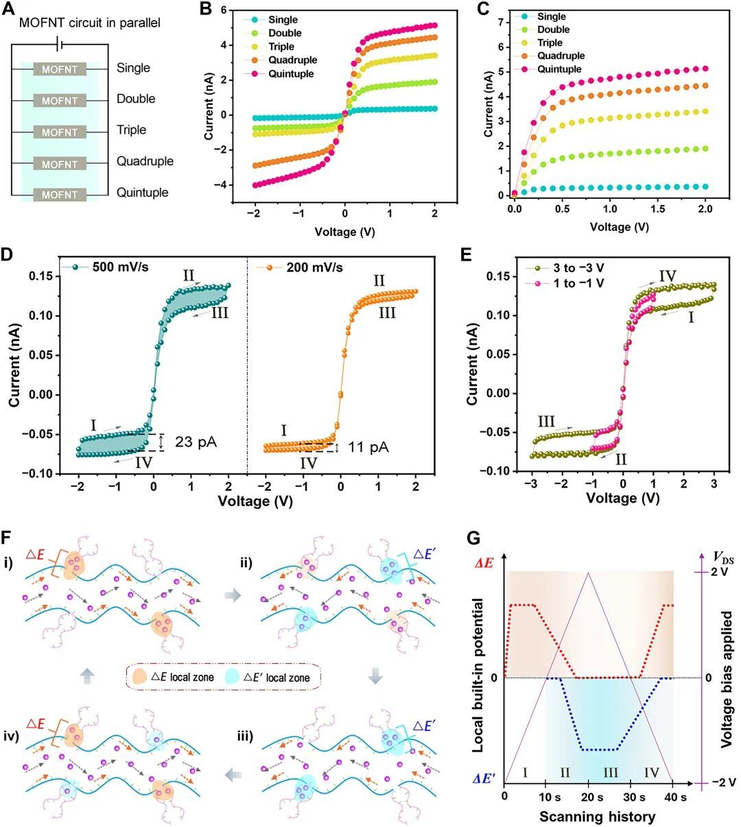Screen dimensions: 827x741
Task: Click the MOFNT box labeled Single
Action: [60, 69]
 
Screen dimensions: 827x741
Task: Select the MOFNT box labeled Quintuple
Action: [60, 195]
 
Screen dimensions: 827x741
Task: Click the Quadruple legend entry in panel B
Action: [292, 60]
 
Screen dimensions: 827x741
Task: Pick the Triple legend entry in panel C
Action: [550, 43]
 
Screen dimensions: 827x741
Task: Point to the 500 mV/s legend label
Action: [119, 267]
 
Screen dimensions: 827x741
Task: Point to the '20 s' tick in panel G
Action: [586, 798]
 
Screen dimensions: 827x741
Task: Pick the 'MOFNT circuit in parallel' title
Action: [90, 23]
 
